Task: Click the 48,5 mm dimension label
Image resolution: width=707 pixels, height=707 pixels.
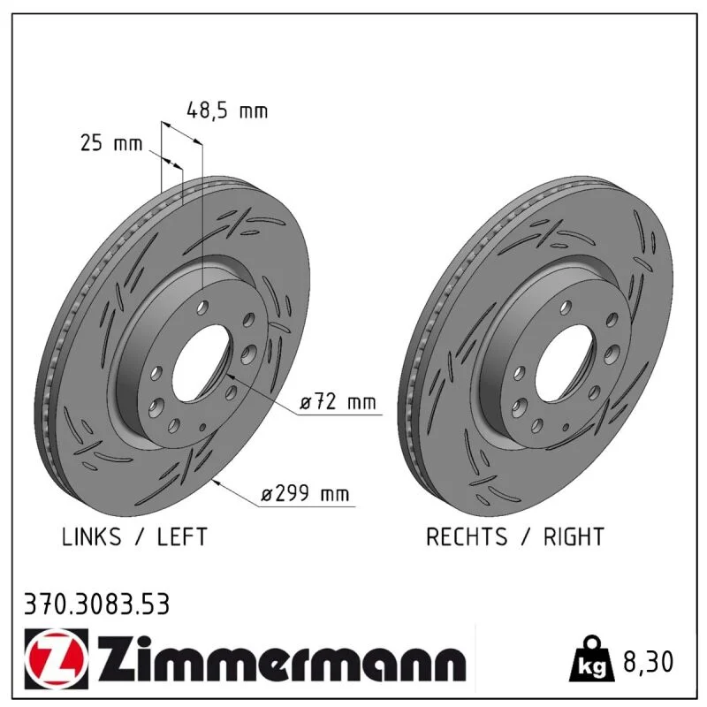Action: (227, 111)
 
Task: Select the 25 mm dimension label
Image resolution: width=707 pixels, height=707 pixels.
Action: (111, 143)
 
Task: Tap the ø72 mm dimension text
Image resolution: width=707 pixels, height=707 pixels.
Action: (338, 401)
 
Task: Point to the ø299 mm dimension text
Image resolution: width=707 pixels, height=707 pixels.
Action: (305, 494)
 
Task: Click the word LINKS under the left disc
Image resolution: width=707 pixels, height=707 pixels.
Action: (92, 536)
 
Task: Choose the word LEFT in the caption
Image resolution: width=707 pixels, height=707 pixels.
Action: (182, 536)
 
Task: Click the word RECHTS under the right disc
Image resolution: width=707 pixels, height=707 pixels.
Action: (467, 536)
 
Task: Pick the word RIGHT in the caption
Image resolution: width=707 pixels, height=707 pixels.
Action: (574, 536)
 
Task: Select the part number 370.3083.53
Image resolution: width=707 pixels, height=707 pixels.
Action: (97, 604)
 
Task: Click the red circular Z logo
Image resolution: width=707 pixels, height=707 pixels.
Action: (57, 658)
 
